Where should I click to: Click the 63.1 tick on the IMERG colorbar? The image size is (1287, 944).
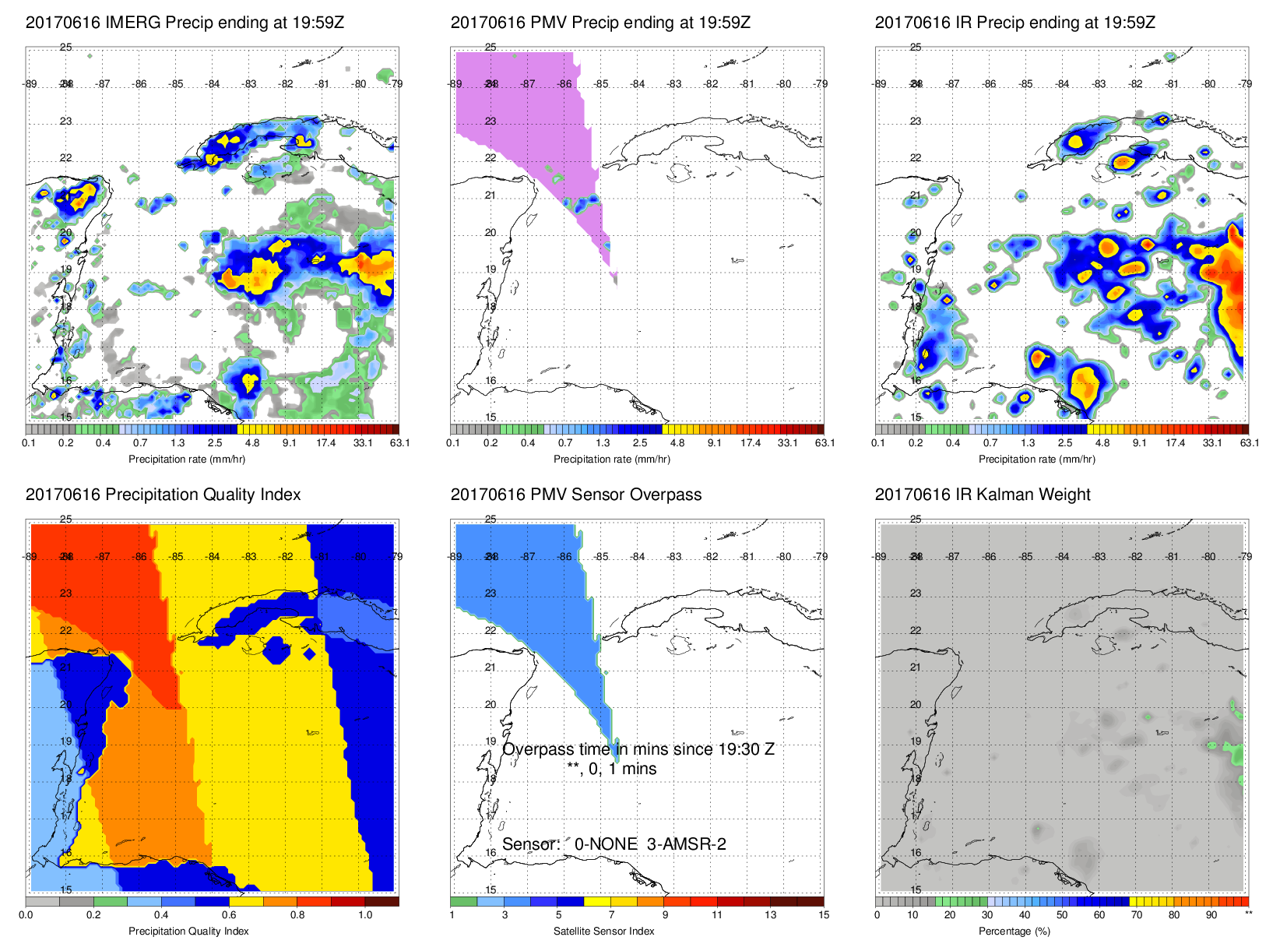399,443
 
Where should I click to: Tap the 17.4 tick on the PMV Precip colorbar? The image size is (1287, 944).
751,443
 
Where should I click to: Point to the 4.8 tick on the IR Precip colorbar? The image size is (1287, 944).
1102,443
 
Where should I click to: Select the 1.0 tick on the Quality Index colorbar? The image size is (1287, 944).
365,915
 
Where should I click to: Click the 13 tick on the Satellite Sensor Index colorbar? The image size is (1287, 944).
770,915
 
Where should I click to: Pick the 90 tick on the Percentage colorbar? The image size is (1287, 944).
1211,915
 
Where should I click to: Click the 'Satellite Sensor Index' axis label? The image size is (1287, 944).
603,931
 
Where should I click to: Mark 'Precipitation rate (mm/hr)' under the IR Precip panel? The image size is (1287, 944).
1036,459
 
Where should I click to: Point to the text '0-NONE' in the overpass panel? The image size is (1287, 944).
606,844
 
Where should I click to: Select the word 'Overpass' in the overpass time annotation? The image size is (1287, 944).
538,749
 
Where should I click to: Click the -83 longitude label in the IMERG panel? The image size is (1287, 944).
249,84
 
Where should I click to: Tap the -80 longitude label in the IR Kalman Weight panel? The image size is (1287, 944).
1208,556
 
